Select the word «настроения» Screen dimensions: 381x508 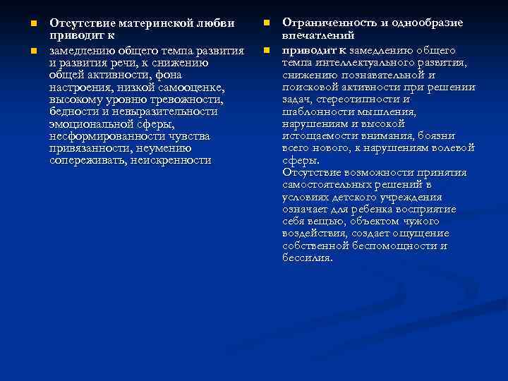coord(80,87)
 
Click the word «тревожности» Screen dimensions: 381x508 coord(185,99)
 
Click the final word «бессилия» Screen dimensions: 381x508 coord(307,258)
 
